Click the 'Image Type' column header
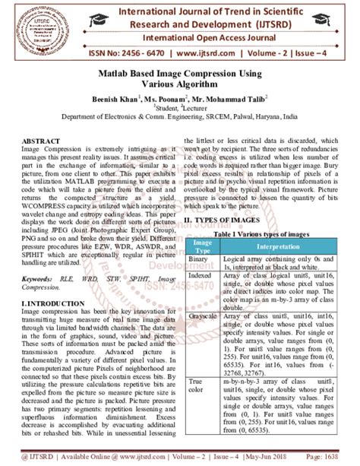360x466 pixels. point(202,246)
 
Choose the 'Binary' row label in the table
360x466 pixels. point(200,259)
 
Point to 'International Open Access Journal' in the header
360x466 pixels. point(217,36)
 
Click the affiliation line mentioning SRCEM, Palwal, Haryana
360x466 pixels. point(180,118)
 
